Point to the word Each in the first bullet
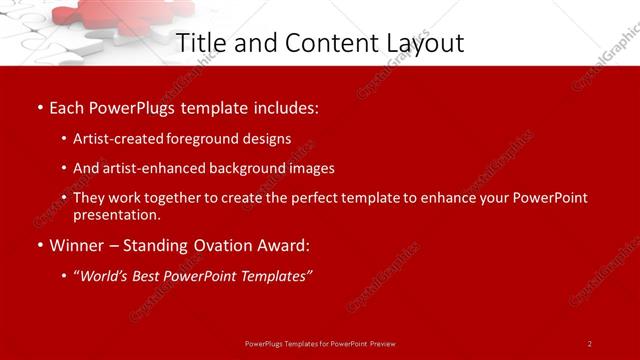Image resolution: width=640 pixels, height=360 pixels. coord(67,107)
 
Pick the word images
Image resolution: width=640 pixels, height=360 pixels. coord(309,168)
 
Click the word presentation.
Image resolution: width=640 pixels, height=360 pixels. coord(115,214)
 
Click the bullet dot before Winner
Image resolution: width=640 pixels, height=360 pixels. coord(40,246)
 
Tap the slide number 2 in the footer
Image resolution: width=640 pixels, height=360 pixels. coord(590,343)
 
